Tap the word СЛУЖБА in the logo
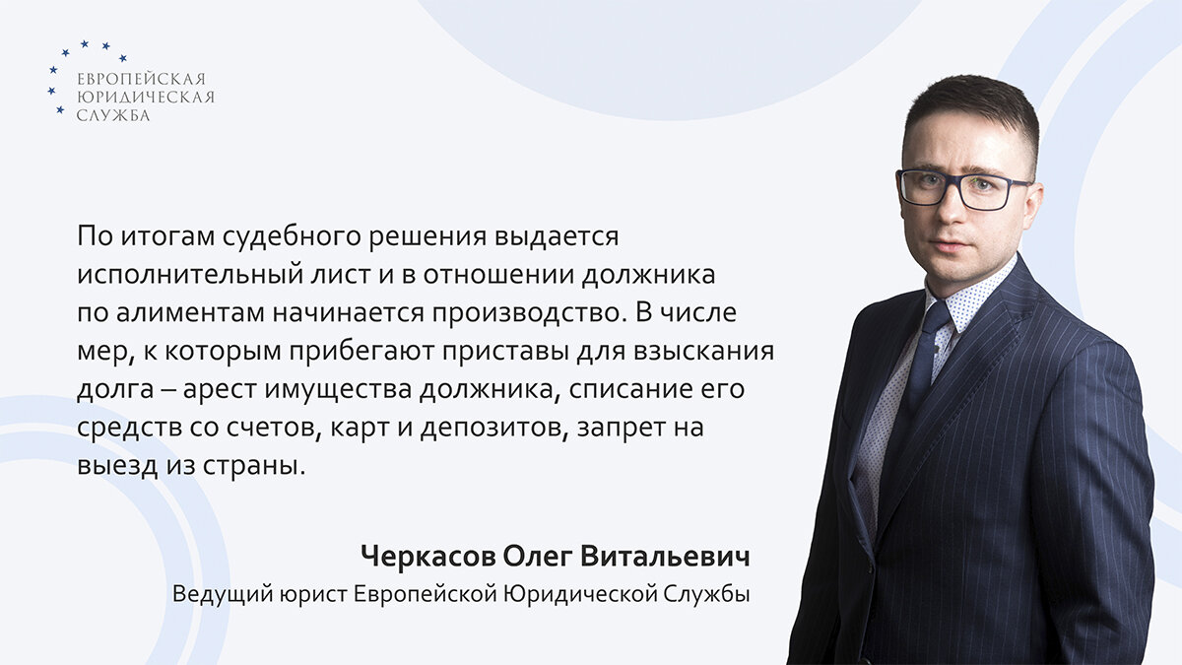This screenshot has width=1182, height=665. coord(113,115)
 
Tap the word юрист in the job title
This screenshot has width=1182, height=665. coord(304,596)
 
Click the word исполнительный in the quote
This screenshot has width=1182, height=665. coord(173,275)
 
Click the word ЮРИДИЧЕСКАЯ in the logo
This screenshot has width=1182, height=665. coord(145,98)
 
